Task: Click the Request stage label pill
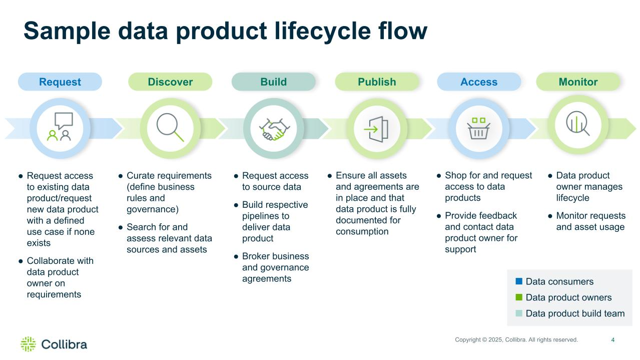coord(60,82)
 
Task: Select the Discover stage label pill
coord(170,82)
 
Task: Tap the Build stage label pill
coord(274,82)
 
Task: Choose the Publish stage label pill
coord(377,82)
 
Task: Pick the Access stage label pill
coord(479,82)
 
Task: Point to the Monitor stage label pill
coord(578,82)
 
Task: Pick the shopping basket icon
coord(479,129)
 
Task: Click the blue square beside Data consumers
coord(519,281)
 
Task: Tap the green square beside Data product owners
coord(519,297)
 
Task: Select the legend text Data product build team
coord(575,313)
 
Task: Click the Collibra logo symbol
coord(28,344)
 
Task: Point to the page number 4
coord(613,340)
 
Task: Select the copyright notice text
coord(516,340)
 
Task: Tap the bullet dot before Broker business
coord(236,256)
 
